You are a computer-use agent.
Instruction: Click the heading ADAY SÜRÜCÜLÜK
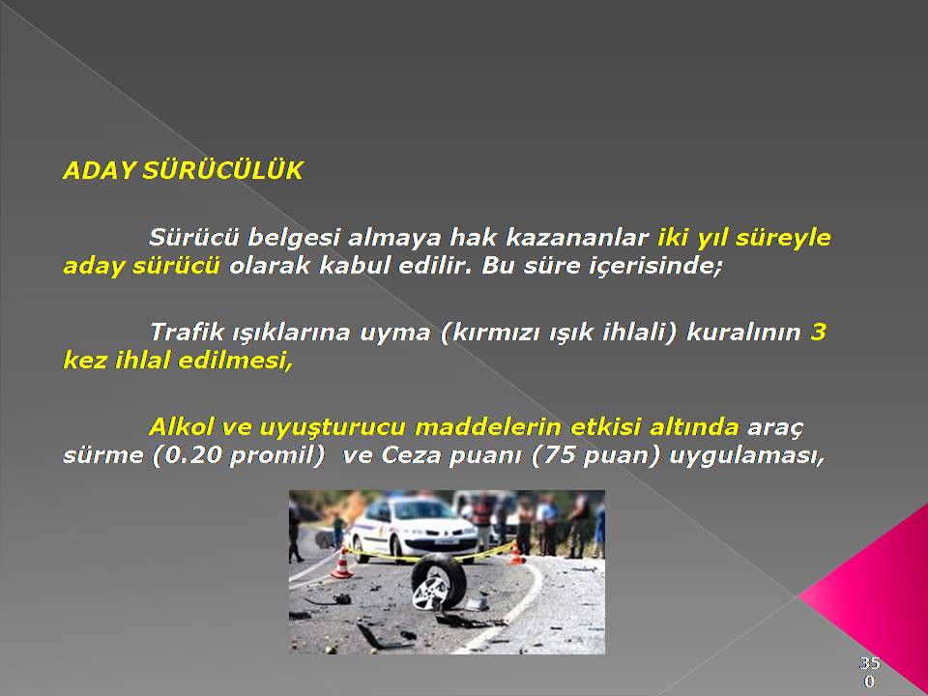tap(183, 171)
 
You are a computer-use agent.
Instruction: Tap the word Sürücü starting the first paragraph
tap(194, 238)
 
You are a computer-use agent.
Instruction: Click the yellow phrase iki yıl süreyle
tap(744, 238)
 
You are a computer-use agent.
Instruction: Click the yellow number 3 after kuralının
tap(818, 332)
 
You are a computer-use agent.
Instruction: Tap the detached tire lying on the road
tap(439, 582)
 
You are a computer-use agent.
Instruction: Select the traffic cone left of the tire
tap(341, 563)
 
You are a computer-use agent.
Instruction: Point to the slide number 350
tap(869, 672)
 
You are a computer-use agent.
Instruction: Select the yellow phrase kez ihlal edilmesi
tap(178, 361)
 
